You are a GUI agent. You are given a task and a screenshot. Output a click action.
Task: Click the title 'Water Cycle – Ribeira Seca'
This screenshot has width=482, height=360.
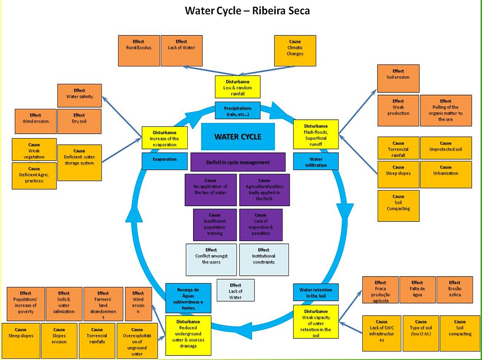[x=247, y=10]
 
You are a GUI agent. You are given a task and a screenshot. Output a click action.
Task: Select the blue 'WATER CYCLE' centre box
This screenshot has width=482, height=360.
[x=237, y=137]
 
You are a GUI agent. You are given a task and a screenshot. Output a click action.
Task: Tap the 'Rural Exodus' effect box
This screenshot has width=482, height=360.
[x=139, y=50]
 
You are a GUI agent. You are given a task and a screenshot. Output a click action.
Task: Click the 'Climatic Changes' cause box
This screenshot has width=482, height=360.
[x=295, y=50]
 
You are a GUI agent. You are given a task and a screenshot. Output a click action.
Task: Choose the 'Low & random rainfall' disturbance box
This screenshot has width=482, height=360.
[x=237, y=87]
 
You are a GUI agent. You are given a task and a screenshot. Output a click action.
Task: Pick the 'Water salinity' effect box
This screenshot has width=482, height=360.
[x=79, y=95]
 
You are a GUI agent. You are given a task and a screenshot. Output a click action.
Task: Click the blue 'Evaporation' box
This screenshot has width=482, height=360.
[x=164, y=161]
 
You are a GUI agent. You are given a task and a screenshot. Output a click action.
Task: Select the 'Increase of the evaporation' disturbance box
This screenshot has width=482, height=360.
[x=164, y=138]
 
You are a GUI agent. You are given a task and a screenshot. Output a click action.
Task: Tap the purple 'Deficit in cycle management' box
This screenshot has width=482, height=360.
[x=238, y=162]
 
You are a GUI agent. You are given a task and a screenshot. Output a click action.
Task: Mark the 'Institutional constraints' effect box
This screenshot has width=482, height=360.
[x=264, y=259]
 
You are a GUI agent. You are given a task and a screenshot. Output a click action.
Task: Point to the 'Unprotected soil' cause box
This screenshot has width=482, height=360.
[x=446, y=147]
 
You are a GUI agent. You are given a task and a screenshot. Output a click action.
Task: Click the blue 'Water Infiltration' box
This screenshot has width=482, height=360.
[x=316, y=162]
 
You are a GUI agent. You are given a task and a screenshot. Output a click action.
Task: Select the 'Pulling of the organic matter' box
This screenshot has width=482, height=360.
[x=445, y=110]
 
